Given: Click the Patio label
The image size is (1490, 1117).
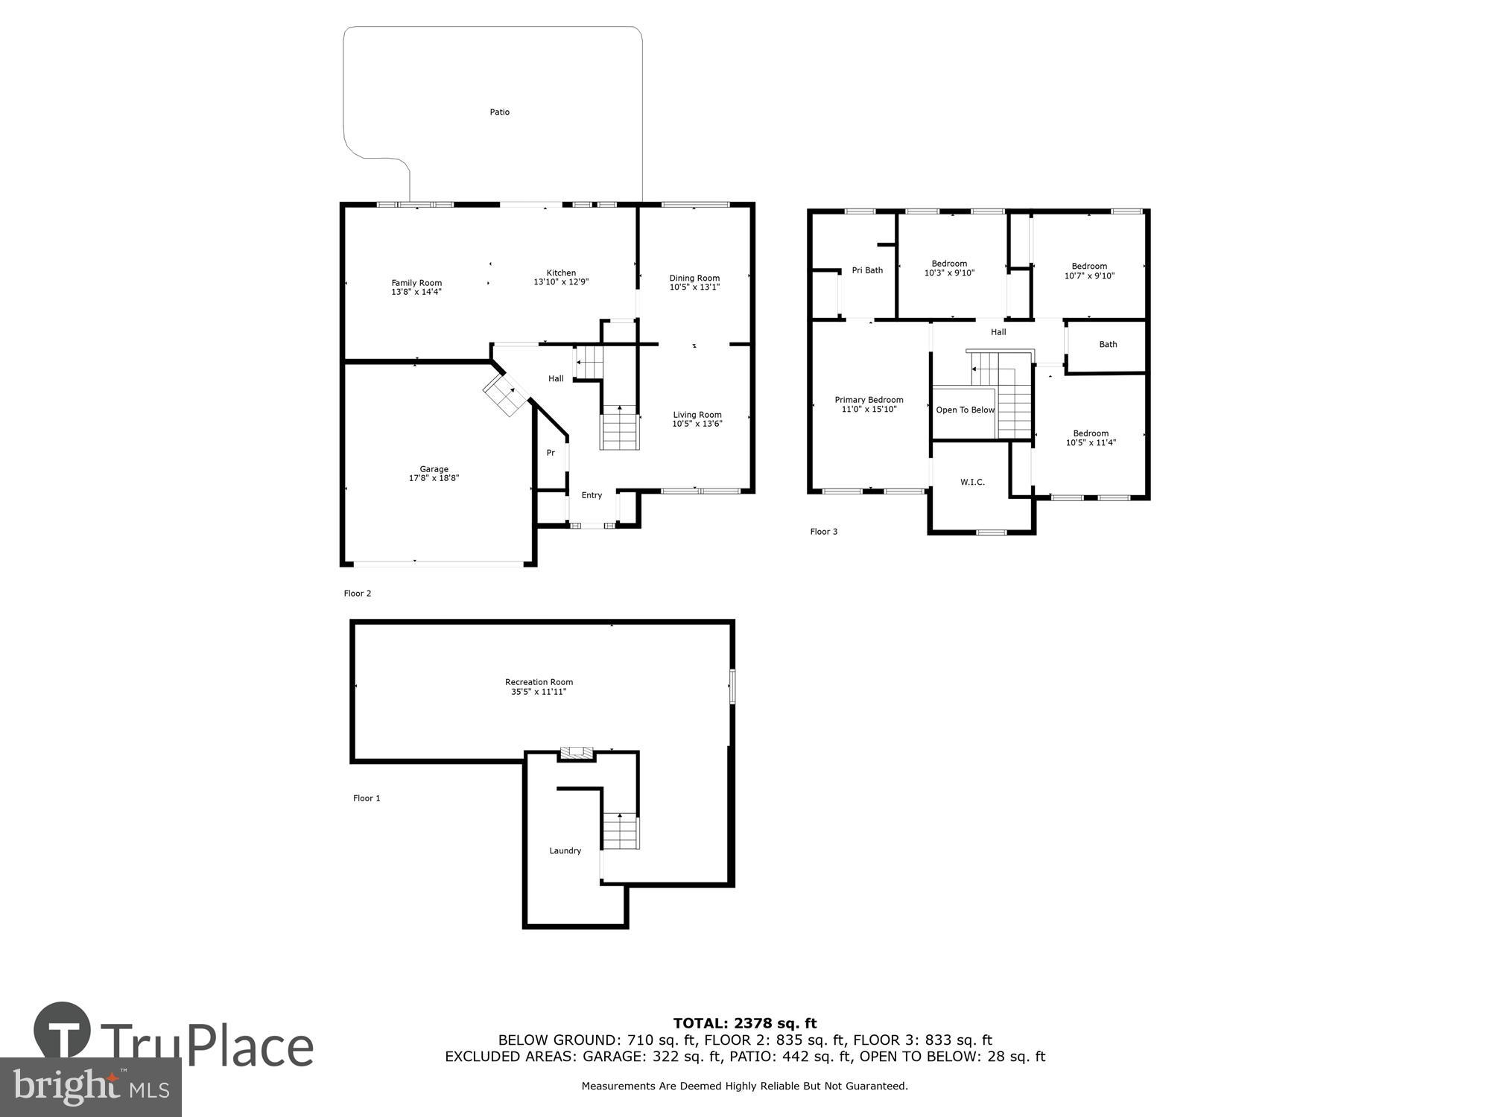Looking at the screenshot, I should tap(499, 112).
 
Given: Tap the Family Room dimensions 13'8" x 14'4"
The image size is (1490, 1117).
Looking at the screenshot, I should tap(416, 292).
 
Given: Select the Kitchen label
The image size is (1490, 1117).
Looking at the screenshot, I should tap(561, 273).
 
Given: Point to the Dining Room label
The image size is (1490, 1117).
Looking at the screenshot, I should tap(694, 278).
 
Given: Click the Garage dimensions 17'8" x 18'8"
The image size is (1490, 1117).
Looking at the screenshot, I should tap(434, 478).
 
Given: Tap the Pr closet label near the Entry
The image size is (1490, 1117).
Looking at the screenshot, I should tap(551, 453).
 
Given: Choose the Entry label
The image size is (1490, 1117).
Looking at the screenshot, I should tap(592, 495).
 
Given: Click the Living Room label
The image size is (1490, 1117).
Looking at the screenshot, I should tap(697, 415).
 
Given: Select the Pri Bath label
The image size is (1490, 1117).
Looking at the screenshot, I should tap(867, 270).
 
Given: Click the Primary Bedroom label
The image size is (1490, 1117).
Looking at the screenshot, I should tap(869, 400).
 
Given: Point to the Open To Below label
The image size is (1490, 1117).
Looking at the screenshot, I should tap(965, 410).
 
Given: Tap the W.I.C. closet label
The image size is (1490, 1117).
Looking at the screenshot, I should tap(972, 483).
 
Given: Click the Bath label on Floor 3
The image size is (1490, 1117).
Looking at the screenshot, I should tap(1108, 345).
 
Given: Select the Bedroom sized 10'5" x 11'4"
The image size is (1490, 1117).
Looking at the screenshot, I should tap(1091, 438).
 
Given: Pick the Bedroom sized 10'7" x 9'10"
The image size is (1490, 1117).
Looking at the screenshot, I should tap(1089, 271).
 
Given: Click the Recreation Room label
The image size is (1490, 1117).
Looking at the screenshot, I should tap(539, 682).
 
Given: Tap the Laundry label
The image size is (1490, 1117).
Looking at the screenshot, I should tap(565, 851).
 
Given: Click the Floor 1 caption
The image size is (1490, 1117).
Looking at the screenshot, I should tap(367, 798).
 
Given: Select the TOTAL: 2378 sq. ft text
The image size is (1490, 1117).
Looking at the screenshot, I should tap(745, 1023).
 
